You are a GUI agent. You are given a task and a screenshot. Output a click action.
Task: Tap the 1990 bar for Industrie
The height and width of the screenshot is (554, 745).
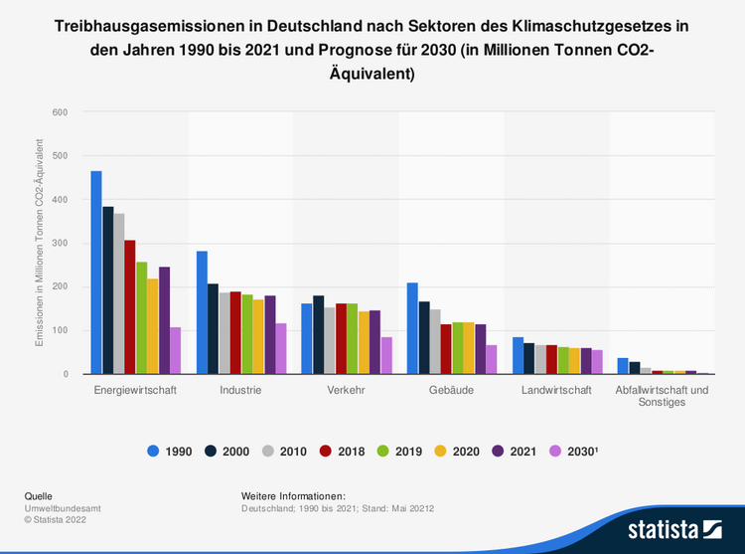pos(202,312)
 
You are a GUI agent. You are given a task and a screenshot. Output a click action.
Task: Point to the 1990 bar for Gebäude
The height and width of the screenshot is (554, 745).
pos(412,328)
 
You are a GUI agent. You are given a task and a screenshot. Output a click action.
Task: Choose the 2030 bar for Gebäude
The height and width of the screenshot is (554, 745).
pos(491,359)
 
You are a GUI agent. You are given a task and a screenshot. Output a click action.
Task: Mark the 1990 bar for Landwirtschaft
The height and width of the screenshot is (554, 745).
pos(518,355)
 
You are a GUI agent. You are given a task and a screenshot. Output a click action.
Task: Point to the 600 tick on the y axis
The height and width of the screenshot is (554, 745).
pos(59,112)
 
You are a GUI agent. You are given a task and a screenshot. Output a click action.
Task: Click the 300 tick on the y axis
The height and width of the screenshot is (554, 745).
pos(59,244)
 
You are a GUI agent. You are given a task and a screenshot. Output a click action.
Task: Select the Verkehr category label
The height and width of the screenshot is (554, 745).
pos(346,390)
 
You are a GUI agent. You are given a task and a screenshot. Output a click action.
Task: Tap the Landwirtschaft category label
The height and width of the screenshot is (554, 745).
pos(556,390)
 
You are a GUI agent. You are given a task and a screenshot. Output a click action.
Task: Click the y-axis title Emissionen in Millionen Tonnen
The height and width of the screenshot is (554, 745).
pos(41,243)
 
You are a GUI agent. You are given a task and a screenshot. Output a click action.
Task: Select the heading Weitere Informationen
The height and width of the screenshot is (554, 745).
pos(293,495)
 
